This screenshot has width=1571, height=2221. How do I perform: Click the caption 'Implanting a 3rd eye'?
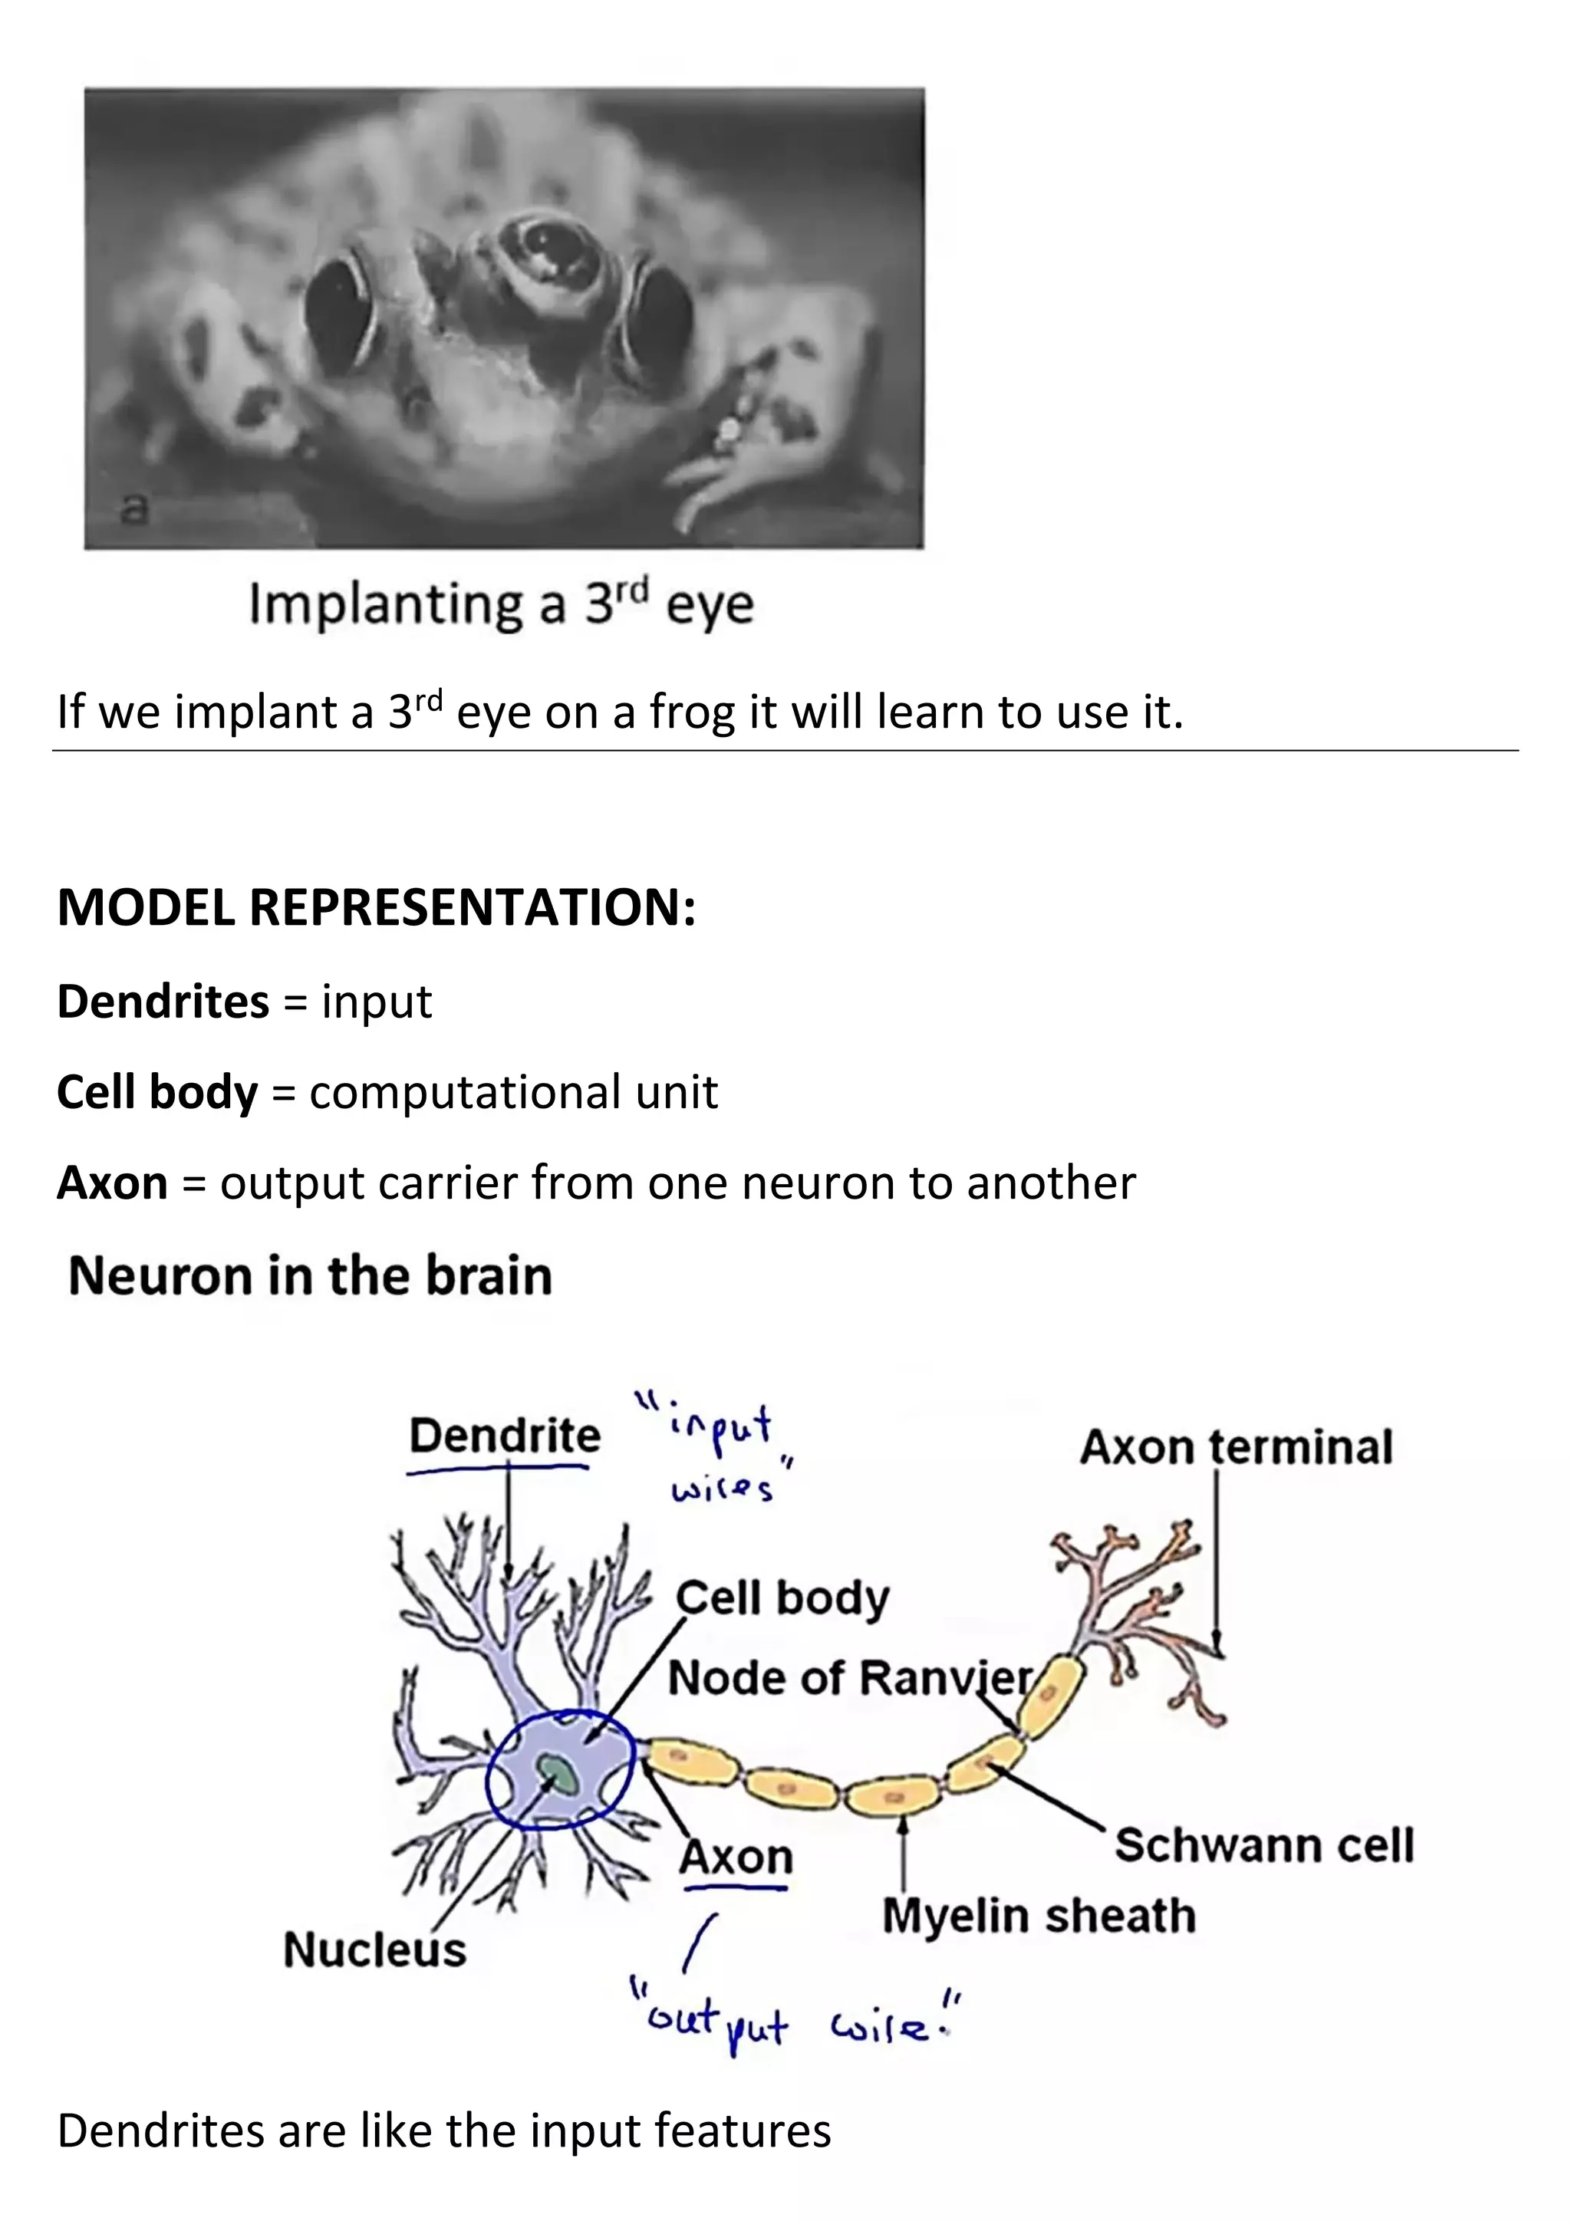point(501,604)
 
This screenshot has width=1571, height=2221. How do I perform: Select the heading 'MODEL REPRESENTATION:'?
point(377,907)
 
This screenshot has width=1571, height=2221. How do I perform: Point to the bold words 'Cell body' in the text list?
point(156,1092)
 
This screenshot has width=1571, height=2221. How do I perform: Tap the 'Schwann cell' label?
point(1263,1844)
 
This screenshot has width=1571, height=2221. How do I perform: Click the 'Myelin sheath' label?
point(1039,1915)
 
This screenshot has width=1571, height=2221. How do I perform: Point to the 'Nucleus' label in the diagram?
point(374,1950)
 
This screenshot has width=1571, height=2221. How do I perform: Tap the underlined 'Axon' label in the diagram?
point(735,1856)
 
